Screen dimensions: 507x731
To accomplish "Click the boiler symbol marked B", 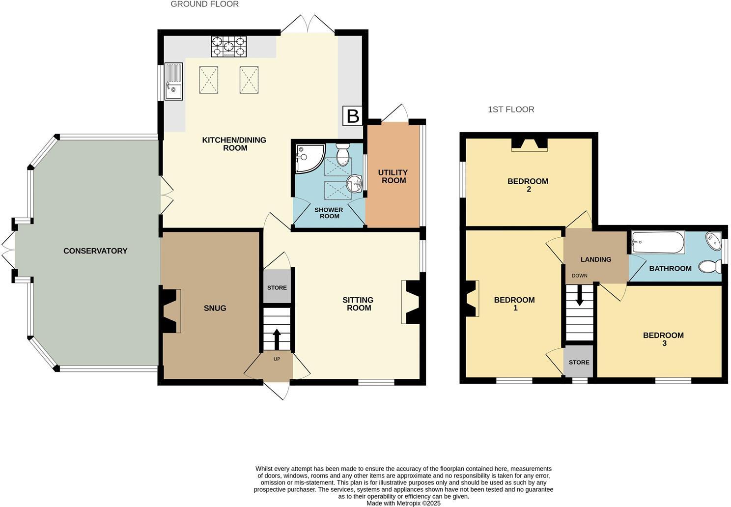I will pos(353,116).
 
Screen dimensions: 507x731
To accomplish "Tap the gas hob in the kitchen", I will pos(228,47).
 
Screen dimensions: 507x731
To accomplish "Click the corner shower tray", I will pos(309,157).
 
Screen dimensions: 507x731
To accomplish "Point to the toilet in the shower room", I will pos(342,154).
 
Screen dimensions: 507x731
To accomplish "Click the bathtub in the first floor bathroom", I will pos(658,242).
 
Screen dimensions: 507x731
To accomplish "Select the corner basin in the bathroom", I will pos(713,241).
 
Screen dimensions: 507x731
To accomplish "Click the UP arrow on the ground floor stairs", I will pos(276,338).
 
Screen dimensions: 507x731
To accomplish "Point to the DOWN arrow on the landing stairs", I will pos(580,297).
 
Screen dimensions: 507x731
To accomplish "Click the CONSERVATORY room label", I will pos(95,251).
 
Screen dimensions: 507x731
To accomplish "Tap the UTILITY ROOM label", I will pos(393,176).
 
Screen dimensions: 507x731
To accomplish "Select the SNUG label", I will pos(215,308).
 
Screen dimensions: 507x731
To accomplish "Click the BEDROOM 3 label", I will pos(663,339).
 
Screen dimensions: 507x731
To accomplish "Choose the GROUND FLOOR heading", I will pos(204,4).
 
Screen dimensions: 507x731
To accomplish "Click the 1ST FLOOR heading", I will pos(511,110).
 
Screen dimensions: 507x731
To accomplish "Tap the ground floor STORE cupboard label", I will pos(277,287).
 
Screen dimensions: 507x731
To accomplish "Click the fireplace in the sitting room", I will pos(411,302).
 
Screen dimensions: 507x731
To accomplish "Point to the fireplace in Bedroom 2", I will pos(529,144).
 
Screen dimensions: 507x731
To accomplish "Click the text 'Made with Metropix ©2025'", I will pos(403,503).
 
